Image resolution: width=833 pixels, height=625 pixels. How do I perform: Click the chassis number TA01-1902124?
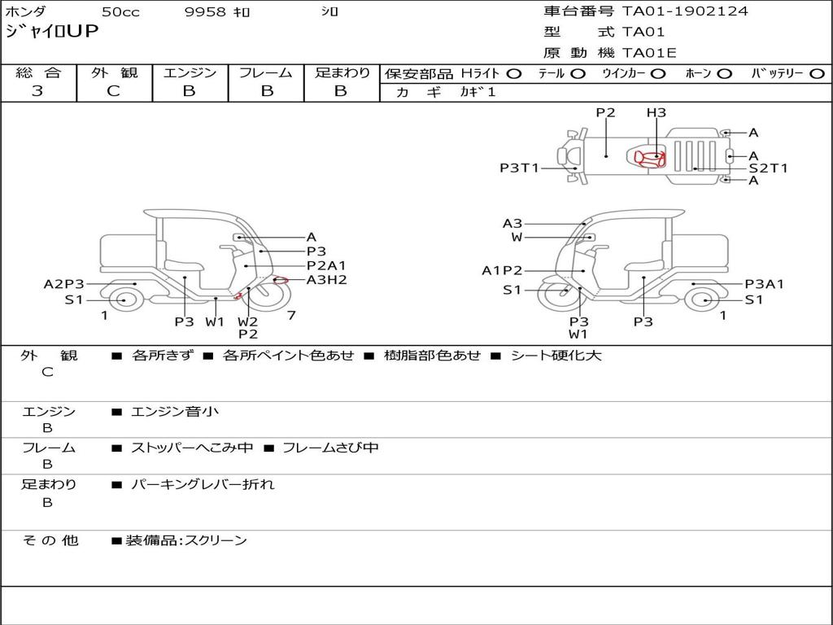685,11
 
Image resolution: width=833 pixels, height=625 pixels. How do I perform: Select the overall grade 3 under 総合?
37,91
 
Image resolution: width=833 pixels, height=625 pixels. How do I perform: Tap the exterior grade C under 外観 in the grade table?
113,91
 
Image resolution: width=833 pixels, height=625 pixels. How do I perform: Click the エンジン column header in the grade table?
190,72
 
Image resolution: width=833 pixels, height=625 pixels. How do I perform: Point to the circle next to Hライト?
514,74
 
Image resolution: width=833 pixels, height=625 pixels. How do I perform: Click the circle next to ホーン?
725,74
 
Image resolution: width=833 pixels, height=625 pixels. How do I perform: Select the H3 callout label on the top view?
656,112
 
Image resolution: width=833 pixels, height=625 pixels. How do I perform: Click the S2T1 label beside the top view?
768,168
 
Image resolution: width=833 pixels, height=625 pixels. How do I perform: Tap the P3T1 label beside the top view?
519,168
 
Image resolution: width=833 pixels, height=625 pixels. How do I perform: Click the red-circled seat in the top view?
649,159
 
